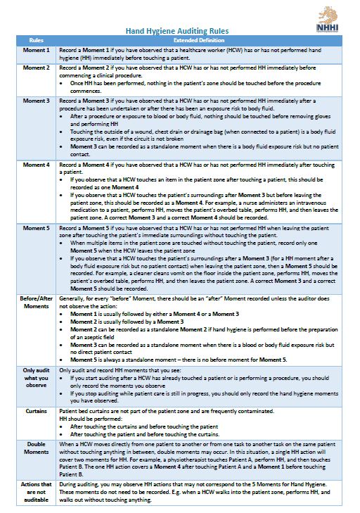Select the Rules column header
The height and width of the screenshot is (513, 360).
pos(37,40)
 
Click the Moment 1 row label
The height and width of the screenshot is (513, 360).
pos(37,50)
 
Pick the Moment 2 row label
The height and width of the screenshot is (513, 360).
pos(37,68)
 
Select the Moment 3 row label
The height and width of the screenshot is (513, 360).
pos(37,101)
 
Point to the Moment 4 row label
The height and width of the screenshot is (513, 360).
pos(37,165)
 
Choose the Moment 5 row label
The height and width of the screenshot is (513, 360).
pos(37,229)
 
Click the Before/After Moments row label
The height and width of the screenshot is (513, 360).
pos(37,303)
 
